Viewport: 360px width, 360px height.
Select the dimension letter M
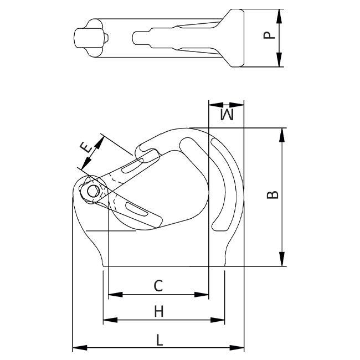[x=227, y=115]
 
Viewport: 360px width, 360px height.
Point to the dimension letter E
[x=86, y=147]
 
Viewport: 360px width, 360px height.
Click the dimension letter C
[x=158, y=286]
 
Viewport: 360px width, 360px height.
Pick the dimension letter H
[x=159, y=311]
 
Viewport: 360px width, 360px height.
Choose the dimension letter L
[x=160, y=340]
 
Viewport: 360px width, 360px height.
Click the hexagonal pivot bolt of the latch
[x=93, y=191]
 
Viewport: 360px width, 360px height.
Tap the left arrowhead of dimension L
[x=80, y=347]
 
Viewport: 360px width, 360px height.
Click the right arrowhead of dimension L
[x=236, y=347]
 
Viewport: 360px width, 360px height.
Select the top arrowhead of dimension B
[x=282, y=135]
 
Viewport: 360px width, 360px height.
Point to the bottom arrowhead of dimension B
[x=282, y=259]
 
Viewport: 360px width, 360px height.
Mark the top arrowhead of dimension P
[x=279, y=16]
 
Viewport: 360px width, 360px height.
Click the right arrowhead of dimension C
[x=202, y=294]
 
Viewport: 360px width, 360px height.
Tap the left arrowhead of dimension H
[x=110, y=320]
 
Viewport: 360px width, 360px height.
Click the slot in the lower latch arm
[x=137, y=209]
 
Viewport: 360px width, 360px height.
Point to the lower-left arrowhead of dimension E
[x=86, y=163]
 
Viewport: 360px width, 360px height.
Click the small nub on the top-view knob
[x=106, y=38]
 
